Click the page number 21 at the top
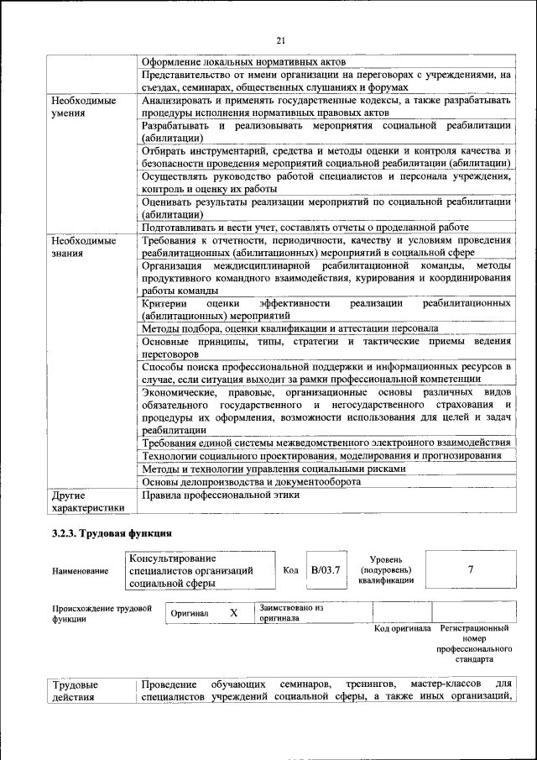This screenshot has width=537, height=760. tap(281, 41)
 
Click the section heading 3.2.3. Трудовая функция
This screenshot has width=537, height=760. tap(112, 532)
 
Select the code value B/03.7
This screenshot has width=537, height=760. tap(324, 569)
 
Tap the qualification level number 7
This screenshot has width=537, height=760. tap(471, 569)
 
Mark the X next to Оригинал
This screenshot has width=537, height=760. tap(234, 613)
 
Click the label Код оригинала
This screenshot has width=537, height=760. tap(402, 628)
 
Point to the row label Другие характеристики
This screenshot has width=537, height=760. tap(88, 501)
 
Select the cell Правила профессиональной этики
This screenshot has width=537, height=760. tap(221, 495)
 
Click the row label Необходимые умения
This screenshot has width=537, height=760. tap(82, 107)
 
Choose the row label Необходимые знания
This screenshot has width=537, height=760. tap(82, 246)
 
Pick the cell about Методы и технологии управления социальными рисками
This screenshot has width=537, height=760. tap(274, 469)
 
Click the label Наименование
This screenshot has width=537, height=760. tap(80, 571)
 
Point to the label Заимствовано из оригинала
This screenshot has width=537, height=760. tap(291, 611)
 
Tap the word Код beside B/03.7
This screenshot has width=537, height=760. tap(290, 570)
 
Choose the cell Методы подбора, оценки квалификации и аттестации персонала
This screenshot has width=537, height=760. tap(289, 328)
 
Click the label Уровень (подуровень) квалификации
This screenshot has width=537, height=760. tap(391, 569)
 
